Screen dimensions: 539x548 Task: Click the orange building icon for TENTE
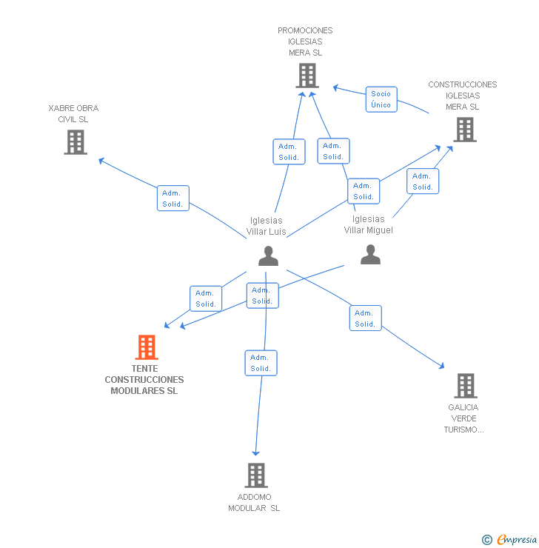(147, 347)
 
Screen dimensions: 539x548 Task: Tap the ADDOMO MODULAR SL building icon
(256, 475)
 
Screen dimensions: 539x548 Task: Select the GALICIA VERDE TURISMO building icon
(466, 386)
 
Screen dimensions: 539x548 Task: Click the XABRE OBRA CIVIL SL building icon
(76, 142)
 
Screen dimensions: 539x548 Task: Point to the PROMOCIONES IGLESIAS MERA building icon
(307, 76)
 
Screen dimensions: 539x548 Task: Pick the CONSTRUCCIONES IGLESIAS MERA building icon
(465, 130)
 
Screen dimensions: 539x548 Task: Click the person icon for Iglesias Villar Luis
(268, 255)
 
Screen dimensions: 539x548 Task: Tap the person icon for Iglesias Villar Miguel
(370, 255)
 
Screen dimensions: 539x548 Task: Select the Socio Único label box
(381, 99)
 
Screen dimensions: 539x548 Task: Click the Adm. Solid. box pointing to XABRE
(173, 198)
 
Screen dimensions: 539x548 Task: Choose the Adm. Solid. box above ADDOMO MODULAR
(261, 363)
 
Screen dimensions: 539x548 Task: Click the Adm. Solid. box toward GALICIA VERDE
(366, 318)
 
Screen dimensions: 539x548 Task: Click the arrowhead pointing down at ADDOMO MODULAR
(256, 453)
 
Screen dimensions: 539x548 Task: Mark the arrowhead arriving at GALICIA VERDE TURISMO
(442, 366)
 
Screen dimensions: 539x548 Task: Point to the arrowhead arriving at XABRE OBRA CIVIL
(101, 161)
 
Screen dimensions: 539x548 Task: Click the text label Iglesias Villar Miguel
(368, 224)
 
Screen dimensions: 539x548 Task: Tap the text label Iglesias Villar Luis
(267, 226)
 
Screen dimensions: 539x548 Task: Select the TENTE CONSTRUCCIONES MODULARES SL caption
(144, 380)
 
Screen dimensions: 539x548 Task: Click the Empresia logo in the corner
(517, 539)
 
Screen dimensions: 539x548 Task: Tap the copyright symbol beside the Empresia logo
(487, 540)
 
